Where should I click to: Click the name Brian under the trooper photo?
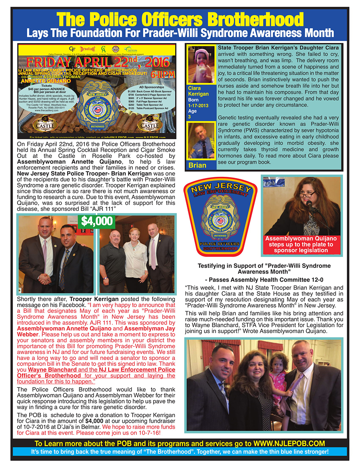[x=198, y=165]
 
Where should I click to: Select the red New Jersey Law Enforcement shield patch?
[x=220, y=216]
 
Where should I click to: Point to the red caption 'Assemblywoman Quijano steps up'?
[x=301, y=244]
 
